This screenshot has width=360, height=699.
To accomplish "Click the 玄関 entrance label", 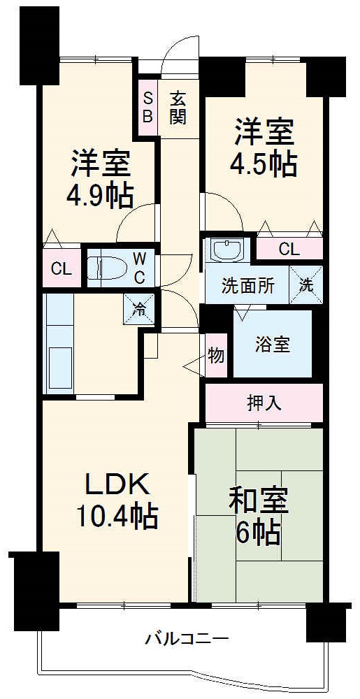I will click(x=178, y=108).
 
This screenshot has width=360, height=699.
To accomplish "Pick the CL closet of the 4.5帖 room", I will click(x=289, y=248).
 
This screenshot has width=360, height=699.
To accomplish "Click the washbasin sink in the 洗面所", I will click(x=226, y=250).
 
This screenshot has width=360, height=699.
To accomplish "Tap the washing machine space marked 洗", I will click(x=307, y=284).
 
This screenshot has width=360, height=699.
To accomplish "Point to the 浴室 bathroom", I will click(x=272, y=344).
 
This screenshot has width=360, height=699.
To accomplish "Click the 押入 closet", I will click(x=264, y=403).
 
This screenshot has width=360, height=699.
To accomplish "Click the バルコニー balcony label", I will click(x=187, y=638).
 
